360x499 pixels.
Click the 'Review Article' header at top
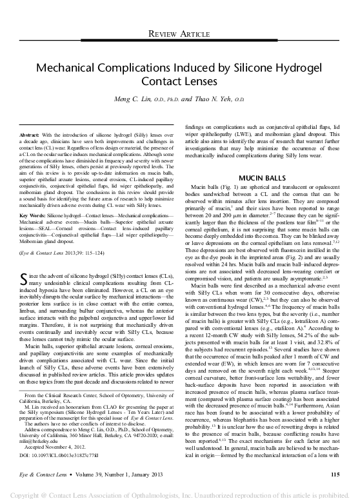[x=180, y=33]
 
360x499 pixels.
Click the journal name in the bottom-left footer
[x=39, y=474]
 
